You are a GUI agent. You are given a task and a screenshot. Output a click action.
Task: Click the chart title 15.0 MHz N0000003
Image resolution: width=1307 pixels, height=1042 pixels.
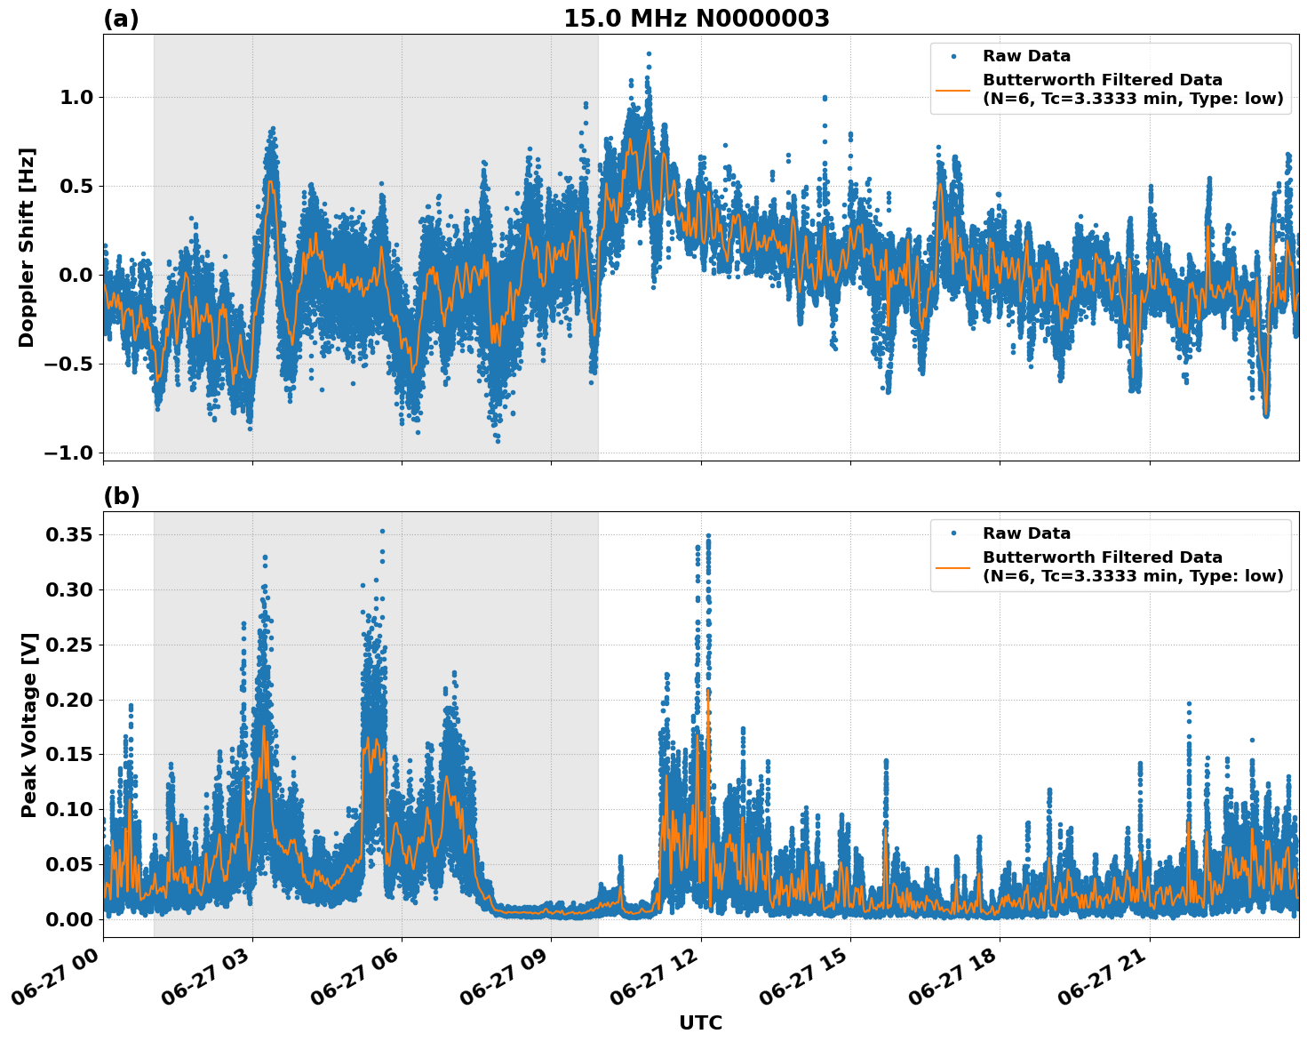(696, 19)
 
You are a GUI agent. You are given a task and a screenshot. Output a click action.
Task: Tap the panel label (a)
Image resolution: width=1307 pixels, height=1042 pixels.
(121, 19)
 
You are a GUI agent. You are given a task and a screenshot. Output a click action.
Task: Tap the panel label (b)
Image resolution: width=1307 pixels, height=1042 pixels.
(121, 496)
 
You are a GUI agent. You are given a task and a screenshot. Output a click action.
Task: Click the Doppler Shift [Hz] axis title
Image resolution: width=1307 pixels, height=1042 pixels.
(27, 247)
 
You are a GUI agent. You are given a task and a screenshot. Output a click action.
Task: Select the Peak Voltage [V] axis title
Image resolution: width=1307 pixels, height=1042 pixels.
(29, 725)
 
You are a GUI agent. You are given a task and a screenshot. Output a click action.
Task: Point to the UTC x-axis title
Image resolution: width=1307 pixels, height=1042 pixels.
(700, 1022)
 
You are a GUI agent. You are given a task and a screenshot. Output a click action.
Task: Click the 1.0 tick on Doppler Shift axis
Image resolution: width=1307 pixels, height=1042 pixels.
(76, 97)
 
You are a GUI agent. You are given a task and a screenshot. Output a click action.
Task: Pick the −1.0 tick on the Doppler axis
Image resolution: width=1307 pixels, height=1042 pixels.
(68, 453)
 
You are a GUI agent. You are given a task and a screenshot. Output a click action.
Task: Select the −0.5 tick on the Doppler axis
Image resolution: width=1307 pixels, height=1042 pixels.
(68, 364)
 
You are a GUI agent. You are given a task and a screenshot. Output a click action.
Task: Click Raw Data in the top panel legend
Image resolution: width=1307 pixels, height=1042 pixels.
(1026, 57)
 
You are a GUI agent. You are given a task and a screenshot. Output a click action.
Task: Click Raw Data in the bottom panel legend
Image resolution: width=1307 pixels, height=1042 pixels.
(1026, 533)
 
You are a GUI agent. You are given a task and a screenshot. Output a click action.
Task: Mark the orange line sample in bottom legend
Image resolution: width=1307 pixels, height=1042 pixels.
(952, 566)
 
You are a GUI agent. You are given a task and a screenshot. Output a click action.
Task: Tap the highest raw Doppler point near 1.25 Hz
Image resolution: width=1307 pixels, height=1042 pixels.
(649, 54)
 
